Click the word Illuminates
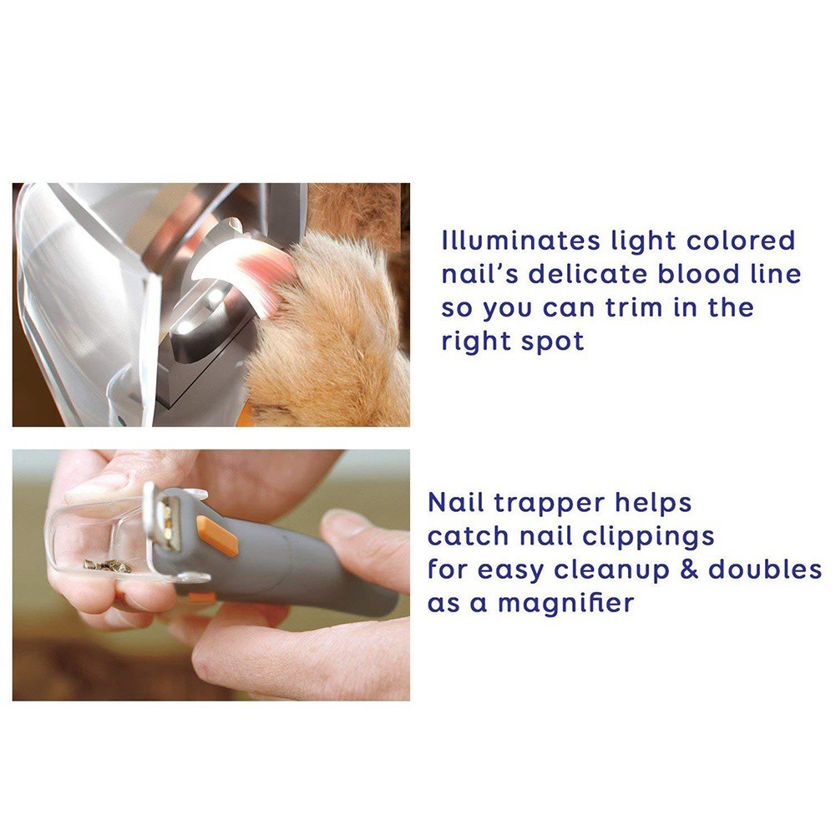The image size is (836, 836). click(x=520, y=241)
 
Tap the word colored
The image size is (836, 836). click(x=741, y=241)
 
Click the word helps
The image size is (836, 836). click(x=653, y=502)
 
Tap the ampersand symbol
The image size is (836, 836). click(x=689, y=569)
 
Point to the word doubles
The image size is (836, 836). click(x=764, y=569)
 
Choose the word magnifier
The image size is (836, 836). click(x=565, y=603)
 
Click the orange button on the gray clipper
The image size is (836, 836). click(x=217, y=535)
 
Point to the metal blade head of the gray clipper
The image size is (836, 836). click(x=163, y=515)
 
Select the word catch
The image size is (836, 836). click(x=468, y=536)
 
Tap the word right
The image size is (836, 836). click(x=476, y=342)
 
